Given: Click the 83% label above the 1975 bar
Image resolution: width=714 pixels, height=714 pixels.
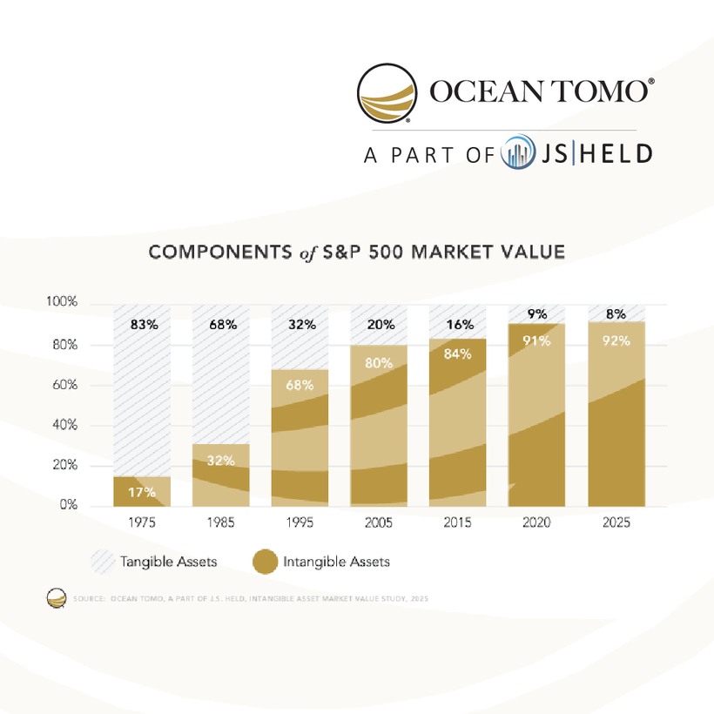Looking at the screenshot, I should click(x=144, y=325).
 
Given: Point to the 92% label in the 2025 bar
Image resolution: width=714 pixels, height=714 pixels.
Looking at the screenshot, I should click(x=616, y=341).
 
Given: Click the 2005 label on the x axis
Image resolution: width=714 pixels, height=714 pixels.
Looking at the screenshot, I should click(x=380, y=524).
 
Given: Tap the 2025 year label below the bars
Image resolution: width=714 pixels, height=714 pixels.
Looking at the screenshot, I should click(x=616, y=524).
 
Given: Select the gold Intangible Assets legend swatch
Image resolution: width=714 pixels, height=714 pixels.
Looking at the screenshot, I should click(x=265, y=562).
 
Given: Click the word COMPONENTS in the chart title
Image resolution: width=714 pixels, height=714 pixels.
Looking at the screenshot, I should click(x=218, y=253).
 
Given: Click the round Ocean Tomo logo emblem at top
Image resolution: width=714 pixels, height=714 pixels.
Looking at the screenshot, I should click(x=387, y=92).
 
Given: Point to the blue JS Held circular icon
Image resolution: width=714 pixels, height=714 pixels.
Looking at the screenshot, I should click(x=518, y=154).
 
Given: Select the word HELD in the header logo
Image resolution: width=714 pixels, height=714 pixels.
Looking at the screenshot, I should click(x=615, y=154).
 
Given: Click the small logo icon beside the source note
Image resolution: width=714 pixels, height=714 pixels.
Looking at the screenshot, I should click(x=57, y=598).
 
